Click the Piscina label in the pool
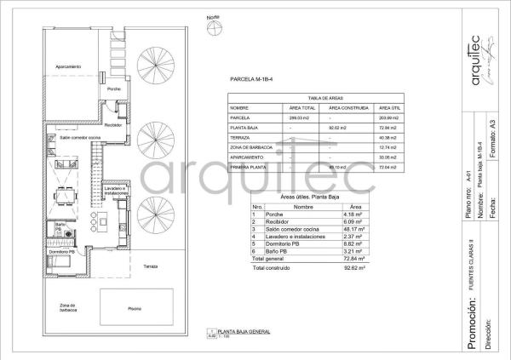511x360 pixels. pos(135,309)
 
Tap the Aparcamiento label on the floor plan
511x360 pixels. pos(68,67)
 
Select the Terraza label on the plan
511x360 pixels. pos(151,266)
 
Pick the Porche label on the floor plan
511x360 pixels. pos(113,89)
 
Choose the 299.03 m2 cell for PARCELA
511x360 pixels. pos(301,118)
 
